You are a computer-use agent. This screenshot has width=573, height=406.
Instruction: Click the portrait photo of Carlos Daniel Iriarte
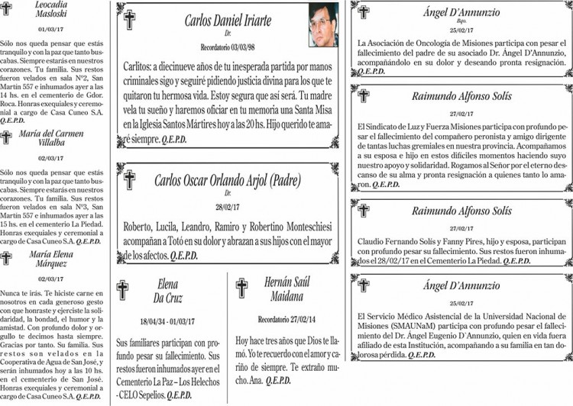pyautogui.click(x=323, y=24)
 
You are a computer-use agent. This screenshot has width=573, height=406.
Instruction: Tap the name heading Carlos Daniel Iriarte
pyautogui.click(x=228, y=20)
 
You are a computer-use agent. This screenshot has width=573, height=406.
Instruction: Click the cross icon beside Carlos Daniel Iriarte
pyautogui.click(x=129, y=19)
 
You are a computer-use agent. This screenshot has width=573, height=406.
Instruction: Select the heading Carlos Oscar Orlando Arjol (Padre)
pyautogui.click(x=228, y=181)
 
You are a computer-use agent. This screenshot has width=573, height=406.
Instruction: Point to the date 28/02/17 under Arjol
pyautogui.click(x=228, y=207)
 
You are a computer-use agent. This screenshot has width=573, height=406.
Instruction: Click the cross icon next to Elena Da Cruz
pyautogui.click(x=122, y=290)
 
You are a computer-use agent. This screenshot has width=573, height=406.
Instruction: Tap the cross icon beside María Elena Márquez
pyautogui.click(x=6, y=258)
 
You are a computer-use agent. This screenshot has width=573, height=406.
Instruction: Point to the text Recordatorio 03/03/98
pyautogui.click(x=228, y=47)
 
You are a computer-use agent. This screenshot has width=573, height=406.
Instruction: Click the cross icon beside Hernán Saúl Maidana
pyautogui.click(x=241, y=288)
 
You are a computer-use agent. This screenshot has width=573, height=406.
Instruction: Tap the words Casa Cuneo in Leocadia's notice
pyautogui.click(x=60, y=111)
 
